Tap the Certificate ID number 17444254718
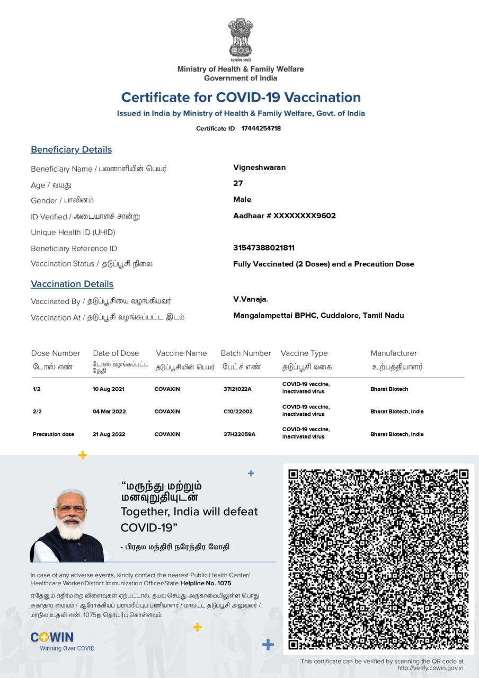click(261, 128)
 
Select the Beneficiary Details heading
click(71, 149)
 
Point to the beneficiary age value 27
click(238, 183)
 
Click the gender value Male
click(242, 200)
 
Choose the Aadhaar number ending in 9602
click(284, 216)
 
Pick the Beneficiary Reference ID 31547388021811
click(263, 247)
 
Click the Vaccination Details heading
click(72, 284)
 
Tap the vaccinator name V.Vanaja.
click(251, 299)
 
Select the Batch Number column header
click(246, 353)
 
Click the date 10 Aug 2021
click(109, 389)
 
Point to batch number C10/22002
click(238, 412)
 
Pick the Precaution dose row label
click(54, 434)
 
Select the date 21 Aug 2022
click(109, 434)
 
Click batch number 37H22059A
click(239, 434)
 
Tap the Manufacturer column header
click(394, 353)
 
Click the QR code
click(378, 559)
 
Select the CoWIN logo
click(52, 637)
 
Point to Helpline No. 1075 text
click(206, 583)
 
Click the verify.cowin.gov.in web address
click(430, 668)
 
